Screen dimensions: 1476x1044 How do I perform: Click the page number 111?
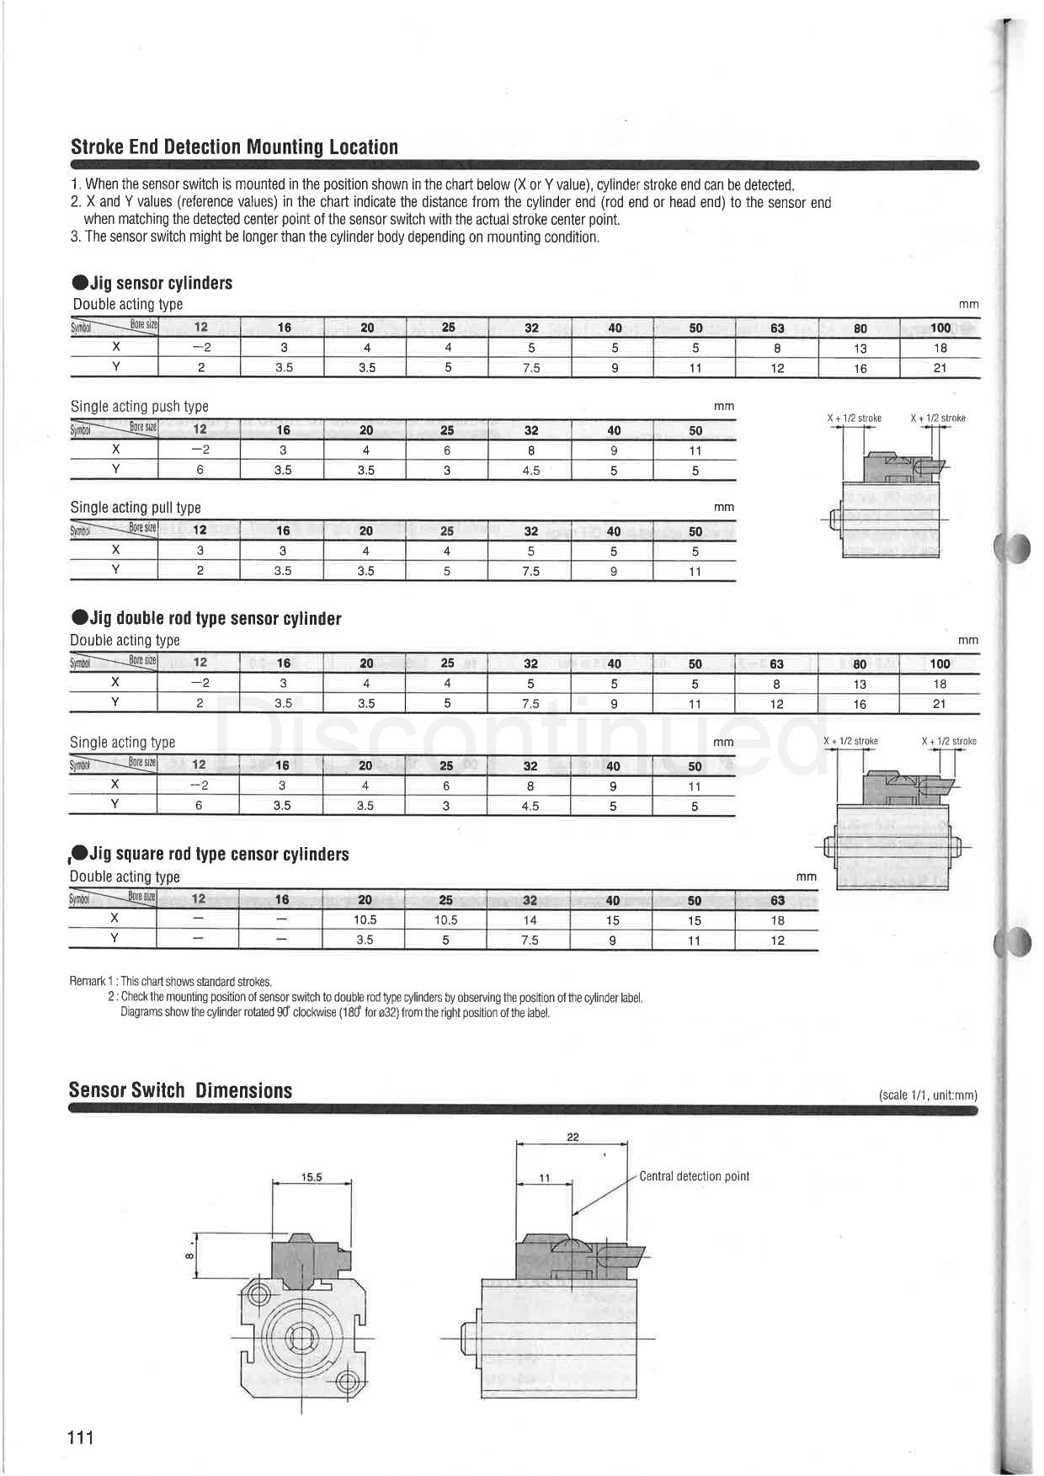pyautogui.click(x=81, y=1437)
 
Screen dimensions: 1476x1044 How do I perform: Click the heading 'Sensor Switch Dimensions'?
pyautogui.click(x=180, y=1090)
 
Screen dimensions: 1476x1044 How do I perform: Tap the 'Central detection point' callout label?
pyautogui.click(x=694, y=1176)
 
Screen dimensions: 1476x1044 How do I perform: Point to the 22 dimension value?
pyautogui.click(x=573, y=1137)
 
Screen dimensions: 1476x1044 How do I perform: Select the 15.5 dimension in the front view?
pyautogui.click(x=312, y=1177)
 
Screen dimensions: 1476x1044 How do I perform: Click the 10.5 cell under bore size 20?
pyautogui.click(x=365, y=920)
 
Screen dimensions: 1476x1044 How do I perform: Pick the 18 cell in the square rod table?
pyautogui.click(x=777, y=920)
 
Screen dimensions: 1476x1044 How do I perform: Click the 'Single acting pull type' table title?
pyautogui.click(x=136, y=508)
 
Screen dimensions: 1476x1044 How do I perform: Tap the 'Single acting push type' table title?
pyautogui.click(x=139, y=407)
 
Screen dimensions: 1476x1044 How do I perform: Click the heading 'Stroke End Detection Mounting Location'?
pyautogui.click(x=234, y=147)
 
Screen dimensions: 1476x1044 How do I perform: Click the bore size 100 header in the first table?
pyautogui.click(x=940, y=328)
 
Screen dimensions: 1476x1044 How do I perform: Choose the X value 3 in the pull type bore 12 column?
pyautogui.click(x=200, y=551)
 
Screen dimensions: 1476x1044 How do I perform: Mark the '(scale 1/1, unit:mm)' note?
pyautogui.click(x=928, y=1095)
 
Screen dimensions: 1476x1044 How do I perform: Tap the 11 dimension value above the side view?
pyautogui.click(x=544, y=1178)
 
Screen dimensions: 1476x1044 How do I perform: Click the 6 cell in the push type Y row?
pyautogui.click(x=200, y=470)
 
